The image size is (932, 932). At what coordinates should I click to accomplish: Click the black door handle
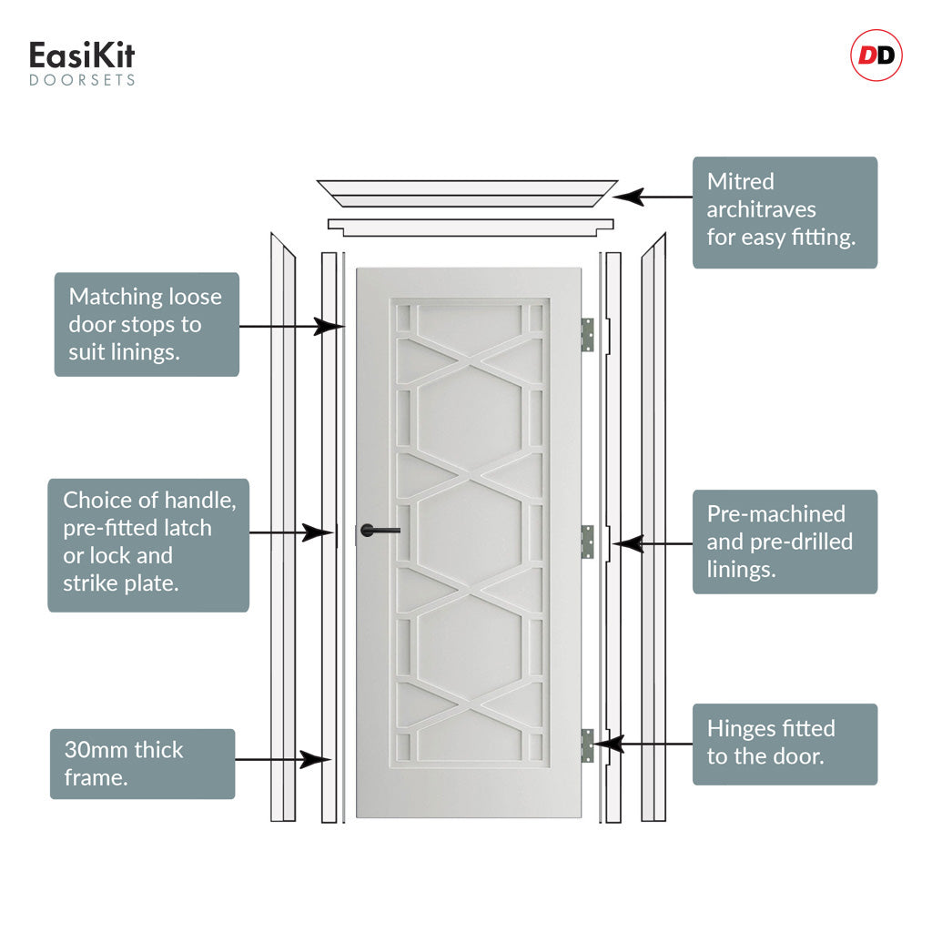(378, 530)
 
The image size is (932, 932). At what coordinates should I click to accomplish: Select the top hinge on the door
(587, 334)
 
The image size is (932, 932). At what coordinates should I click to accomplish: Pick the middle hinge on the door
(587, 542)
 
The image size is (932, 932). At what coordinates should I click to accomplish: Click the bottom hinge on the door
(587, 745)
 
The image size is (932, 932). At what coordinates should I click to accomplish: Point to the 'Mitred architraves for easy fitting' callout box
(785, 213)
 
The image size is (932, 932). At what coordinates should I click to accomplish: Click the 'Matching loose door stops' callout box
(147, 324)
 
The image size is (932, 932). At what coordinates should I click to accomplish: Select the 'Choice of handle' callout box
(147, 544)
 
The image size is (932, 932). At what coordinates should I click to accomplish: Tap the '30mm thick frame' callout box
(142, 764)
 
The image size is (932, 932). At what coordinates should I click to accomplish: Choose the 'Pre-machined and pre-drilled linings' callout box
(785, 542)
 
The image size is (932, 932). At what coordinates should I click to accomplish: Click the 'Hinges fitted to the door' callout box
(785, 744)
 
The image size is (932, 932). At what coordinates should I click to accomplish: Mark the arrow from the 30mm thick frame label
(282, 758)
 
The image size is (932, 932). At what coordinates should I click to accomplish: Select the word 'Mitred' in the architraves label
(740, 181)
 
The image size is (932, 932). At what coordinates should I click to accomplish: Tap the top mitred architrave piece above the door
(467, 194)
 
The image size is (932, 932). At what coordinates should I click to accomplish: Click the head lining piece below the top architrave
(471, 227)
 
